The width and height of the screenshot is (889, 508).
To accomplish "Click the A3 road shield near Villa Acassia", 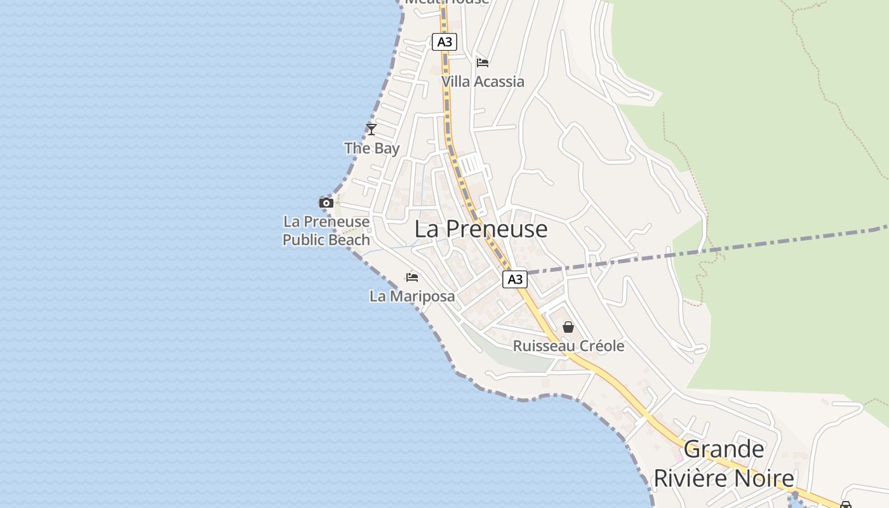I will click(x=444, y=42).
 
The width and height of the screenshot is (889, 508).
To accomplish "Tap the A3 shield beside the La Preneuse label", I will click(x=515, y=279).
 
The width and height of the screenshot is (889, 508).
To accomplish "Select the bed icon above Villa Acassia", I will click(x=483, y=62).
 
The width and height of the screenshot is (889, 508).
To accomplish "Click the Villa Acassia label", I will click(x=483, y=81).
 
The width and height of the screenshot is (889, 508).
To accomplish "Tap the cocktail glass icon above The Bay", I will click(x=371, y=130).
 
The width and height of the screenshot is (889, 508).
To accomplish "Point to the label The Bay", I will click(x=371, y=149).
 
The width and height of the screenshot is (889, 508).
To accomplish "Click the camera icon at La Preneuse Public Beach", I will click(x=326, y=203).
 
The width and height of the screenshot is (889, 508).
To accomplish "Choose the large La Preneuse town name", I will click(x=481, y=229).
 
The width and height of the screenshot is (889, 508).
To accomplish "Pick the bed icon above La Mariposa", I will click(x=412, y=277).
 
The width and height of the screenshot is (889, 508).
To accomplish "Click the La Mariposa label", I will click(x=412, y=296).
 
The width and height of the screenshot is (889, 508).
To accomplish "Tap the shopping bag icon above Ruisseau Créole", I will click(x=568, y=327).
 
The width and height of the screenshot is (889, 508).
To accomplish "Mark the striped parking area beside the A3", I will click(x=471, y=164).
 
